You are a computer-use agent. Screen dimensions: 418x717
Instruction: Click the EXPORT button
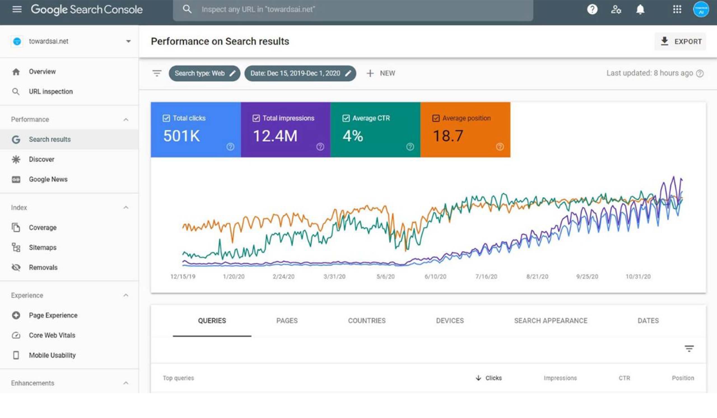coord(681,41)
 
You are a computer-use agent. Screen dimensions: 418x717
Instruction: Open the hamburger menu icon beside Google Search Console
coord(17,10)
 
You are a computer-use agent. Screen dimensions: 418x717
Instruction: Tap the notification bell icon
coord(640,10)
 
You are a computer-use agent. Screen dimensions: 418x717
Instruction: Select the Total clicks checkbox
coord(166,118)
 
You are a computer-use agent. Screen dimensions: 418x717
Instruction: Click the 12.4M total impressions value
coord(275,136)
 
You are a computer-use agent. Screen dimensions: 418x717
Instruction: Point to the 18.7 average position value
coord(448,136)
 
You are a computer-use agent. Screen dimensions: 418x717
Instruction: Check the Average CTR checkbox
coord(346,118)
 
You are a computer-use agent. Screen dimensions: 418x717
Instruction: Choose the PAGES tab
coord(287,321)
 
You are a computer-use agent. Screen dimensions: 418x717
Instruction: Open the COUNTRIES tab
coord(367,321)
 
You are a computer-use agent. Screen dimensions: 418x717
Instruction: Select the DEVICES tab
coord(450,321)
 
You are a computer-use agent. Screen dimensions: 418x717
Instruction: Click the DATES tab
coord(648,321)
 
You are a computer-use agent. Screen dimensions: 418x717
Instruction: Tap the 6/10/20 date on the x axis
coord(435,277)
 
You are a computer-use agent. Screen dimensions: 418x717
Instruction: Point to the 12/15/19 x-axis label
coord(183,277)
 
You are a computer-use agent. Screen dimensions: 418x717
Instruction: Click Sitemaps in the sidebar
coord(43,248)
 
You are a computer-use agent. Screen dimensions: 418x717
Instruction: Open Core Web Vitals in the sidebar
coord(52,335)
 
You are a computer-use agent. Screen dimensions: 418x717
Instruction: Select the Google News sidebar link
coord(48,179)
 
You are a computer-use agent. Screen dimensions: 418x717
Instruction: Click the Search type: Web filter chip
coord(200,73)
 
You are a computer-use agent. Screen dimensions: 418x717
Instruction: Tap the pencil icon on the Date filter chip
coord(348,73)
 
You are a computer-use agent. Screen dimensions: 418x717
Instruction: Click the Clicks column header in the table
coord(493,378)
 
